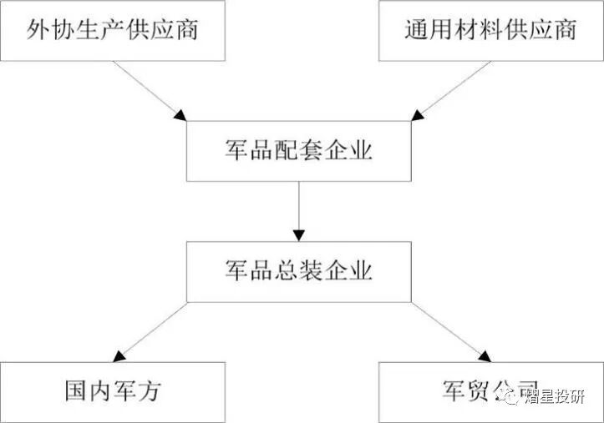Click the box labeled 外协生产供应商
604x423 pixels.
click(113, 31)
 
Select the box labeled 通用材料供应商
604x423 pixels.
click(490, 31)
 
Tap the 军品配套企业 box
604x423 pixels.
click(298, 152)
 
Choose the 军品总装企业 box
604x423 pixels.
click(298, 272)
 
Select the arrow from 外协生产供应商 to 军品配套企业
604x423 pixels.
click(150, 91)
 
